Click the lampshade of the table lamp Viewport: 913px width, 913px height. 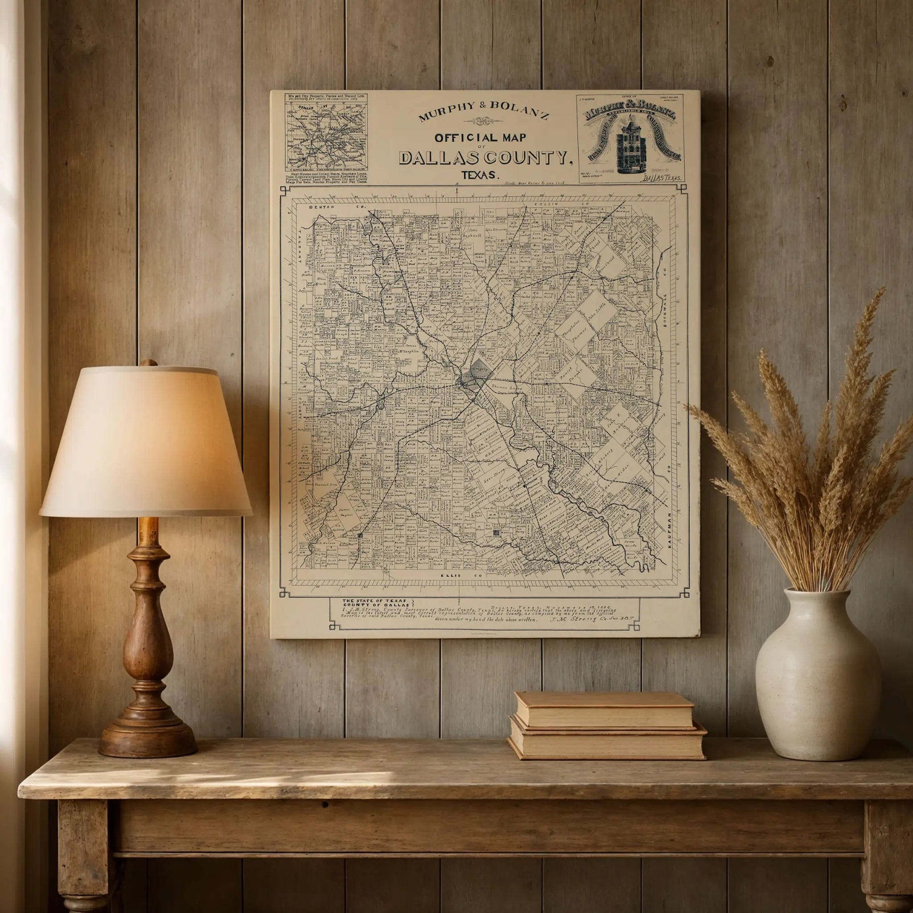point(145,441)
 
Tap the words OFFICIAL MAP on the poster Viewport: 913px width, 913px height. point(480,138)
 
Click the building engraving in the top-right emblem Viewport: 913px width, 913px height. point(630,148)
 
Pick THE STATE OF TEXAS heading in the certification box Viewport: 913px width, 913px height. point(374,600)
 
